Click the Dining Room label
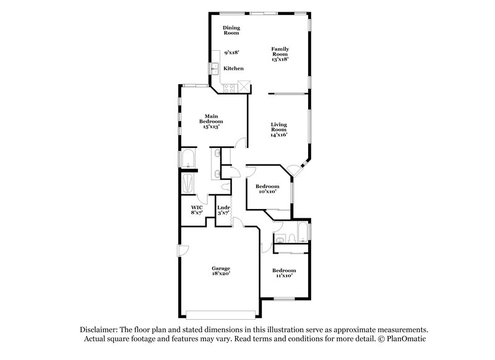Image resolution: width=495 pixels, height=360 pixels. (231, 30)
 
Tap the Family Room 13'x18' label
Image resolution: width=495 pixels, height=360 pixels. (280, 53)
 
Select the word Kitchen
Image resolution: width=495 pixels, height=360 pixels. (233, 68)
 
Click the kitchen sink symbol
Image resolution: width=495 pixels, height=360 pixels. (215, 69)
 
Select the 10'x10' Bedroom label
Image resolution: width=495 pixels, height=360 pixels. (267, 189)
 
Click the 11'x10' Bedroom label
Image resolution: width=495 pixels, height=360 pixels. (285, 273)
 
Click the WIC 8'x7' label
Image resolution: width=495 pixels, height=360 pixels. (197, 210)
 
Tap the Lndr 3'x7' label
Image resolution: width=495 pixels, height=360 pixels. (223, 210)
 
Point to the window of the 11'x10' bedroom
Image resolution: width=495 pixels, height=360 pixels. (284, 299)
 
